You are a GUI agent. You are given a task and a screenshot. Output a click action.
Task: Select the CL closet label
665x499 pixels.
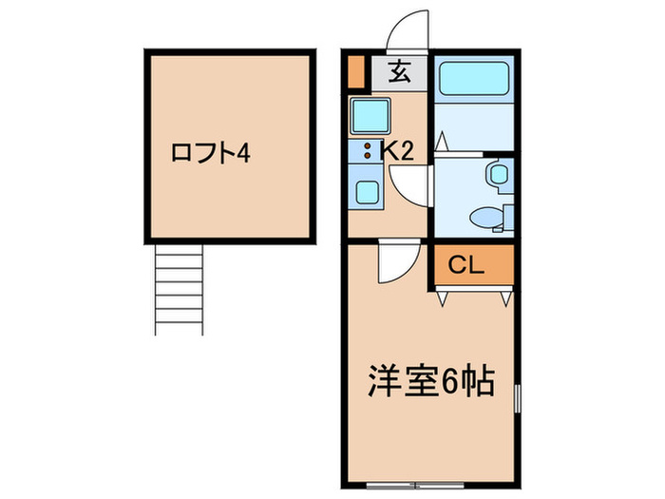pos(466,266)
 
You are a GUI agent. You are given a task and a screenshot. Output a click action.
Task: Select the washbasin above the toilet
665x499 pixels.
pos(496,175)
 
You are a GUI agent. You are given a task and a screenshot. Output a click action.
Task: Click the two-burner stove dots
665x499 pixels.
pos(366,149)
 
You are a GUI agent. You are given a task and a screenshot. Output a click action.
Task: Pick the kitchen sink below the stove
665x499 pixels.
pos(367,188)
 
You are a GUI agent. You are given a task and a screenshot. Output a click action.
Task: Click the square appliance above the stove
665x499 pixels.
pos(366,117)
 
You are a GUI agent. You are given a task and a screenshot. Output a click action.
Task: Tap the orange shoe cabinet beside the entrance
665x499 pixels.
pos(356,72)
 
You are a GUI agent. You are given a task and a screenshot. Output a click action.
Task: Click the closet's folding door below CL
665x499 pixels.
pos(475,294)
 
